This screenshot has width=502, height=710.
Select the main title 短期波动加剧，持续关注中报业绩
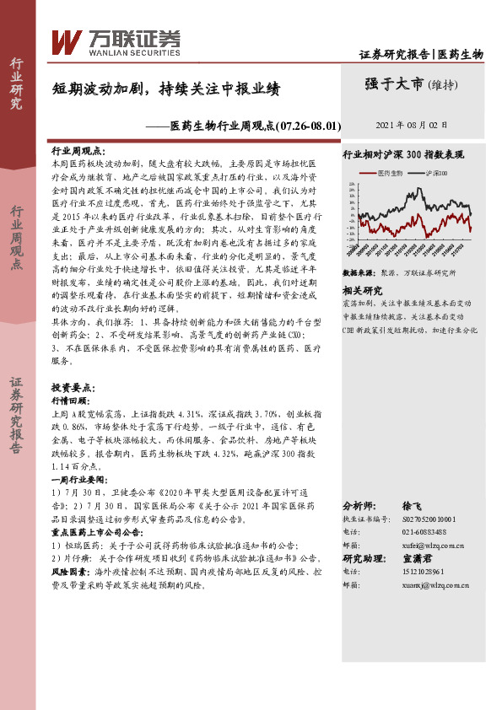point(165,88)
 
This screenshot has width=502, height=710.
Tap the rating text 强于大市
point(395,83)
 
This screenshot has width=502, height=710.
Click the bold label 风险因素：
point(71,570)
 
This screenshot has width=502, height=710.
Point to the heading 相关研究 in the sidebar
point(363,290)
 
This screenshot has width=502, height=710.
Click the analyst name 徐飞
point(413,505)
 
